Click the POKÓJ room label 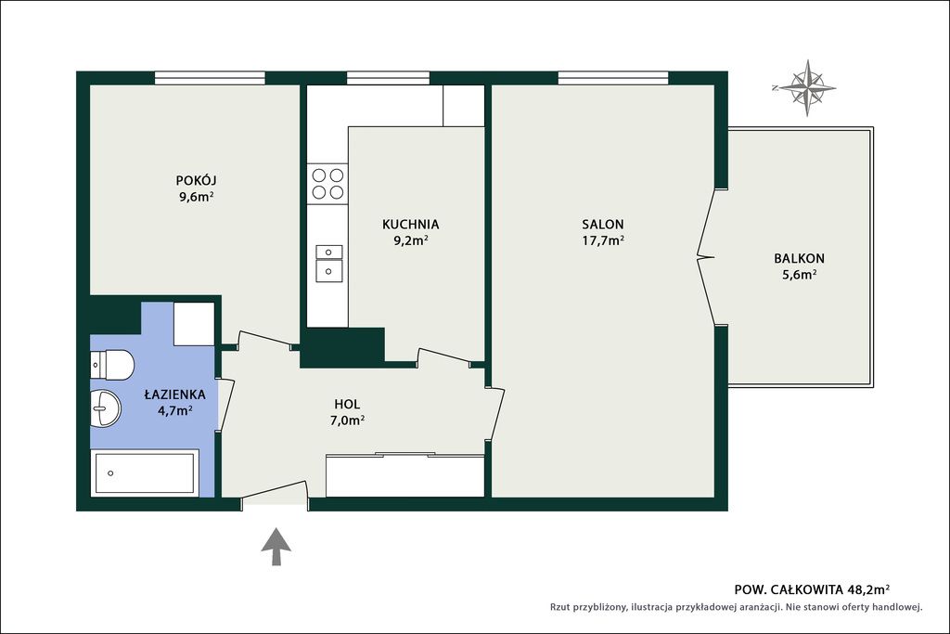197,181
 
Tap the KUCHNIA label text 410,225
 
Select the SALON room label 603,225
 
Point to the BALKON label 799,258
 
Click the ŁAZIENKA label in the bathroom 174,394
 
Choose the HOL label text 347,405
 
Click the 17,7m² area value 603,240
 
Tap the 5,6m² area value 799,275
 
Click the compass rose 807,88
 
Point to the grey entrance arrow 276,547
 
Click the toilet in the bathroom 112,365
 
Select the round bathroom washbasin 106,408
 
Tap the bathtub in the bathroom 145,472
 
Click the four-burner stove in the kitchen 327,184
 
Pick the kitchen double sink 328,264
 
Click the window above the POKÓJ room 210,78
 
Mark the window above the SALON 613,78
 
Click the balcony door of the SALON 706,258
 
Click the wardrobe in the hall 404,475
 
